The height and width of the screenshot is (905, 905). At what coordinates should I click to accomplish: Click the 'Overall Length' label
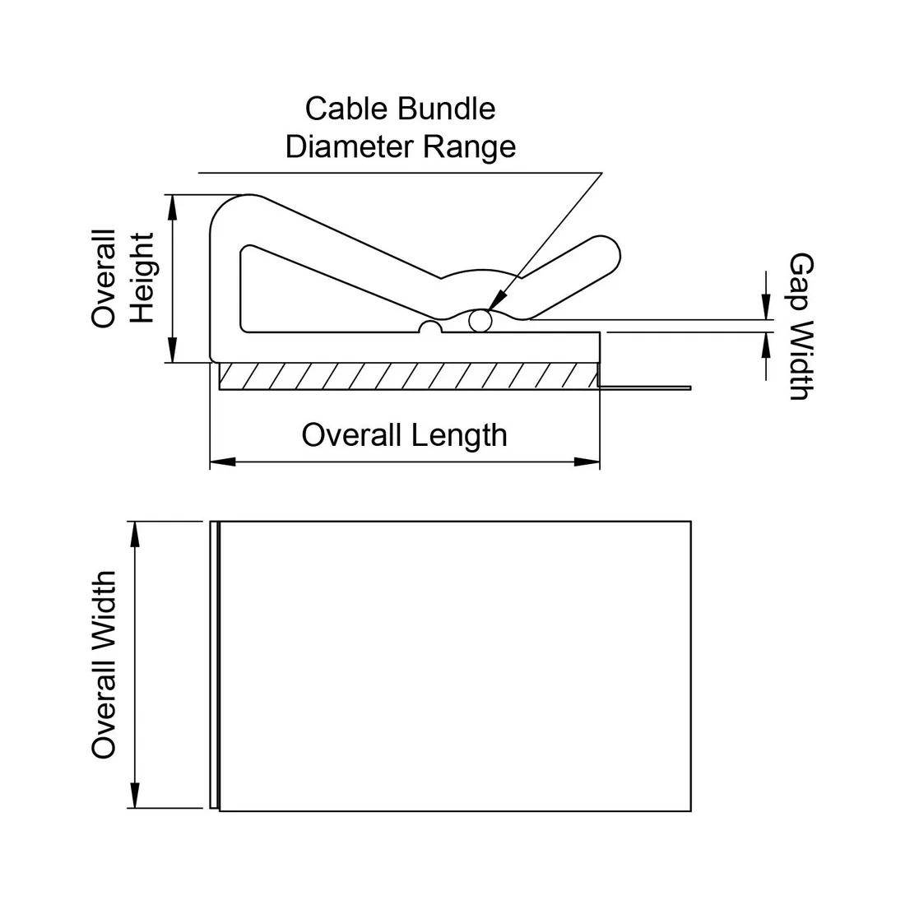pos(404,434)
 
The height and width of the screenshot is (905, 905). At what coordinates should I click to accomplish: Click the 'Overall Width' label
pos(104,666)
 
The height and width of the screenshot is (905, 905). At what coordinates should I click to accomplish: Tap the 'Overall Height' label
pos(123,278)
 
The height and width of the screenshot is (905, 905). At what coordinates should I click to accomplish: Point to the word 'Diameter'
pos(350,146)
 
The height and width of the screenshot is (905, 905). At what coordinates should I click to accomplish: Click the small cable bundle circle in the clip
pos(480,321)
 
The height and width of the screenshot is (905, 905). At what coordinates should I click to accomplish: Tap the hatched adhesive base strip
pos(407,376)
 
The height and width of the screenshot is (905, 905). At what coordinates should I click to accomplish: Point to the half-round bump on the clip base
pos(430,327)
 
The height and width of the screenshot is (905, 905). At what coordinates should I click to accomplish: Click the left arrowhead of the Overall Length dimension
pos(222,462)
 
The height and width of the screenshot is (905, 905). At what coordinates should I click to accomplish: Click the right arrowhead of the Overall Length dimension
pos(587,462)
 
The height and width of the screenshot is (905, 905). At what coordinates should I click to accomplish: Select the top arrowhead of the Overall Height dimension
pos(172,207)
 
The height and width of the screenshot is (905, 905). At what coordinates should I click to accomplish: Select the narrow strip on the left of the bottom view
pos(214,666)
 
